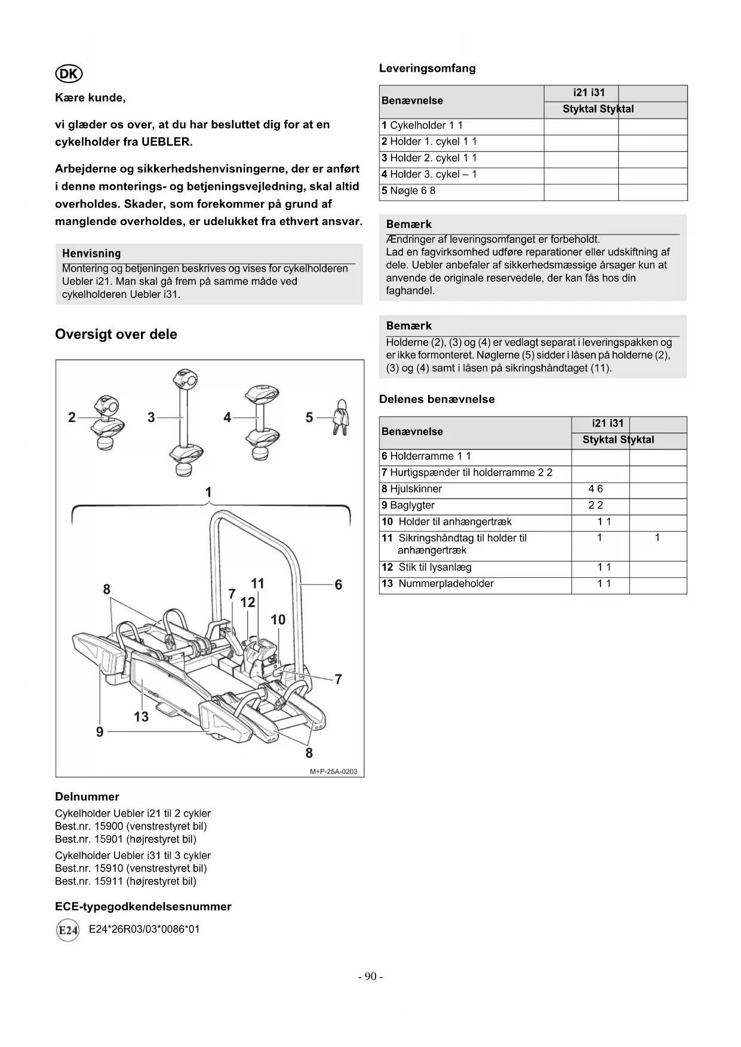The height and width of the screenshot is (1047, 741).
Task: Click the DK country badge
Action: [x=69, y=73]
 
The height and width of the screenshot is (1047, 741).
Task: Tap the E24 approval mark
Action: [x=67, y=931]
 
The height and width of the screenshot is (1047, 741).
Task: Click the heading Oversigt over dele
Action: [x=116, y=334]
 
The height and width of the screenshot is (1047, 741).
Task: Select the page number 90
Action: [x=370, y=977]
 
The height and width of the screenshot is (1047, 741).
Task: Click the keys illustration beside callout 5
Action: [x=341, y=418]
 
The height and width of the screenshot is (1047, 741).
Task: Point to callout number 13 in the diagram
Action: [x=141, y=716]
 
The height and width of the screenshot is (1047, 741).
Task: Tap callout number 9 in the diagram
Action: [x=100, y=732]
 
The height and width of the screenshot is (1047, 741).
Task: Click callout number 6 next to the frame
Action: [x=339, y=585]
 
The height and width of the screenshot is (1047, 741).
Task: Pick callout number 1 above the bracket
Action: [x=208, y=492]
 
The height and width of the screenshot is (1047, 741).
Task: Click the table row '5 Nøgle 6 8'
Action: [x=408, y=191]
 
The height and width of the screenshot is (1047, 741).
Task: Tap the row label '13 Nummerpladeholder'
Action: [x=438, y=584]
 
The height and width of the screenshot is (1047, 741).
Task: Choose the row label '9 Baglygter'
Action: [x=408, y=506]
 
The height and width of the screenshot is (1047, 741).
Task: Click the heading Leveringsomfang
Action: [x=428, y=69]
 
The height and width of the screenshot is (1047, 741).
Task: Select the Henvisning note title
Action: [x=91, y=254]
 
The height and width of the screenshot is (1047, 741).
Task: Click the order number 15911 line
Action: [x=125, y=881]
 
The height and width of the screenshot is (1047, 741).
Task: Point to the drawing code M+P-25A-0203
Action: [x=333, y=771]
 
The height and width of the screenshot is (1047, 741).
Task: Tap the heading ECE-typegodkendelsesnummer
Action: [x=143, y=907]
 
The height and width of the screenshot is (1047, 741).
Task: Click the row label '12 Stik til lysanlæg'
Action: [x=426, y=567]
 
